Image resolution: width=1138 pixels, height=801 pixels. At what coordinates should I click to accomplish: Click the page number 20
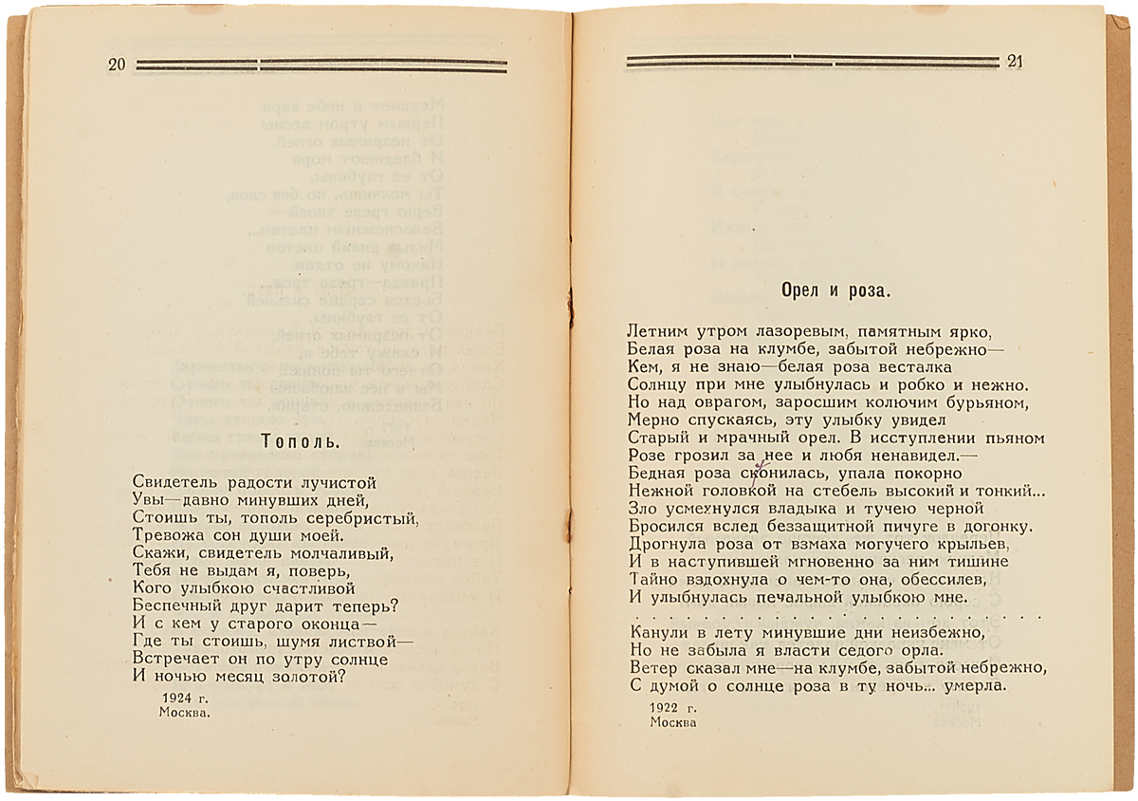coord(118,65)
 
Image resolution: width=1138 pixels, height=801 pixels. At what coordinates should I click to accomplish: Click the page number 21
coord(1016,63)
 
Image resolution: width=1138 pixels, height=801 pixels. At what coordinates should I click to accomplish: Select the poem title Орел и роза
coord(835,289)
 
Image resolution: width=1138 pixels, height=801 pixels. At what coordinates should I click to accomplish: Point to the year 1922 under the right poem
coord(665,707)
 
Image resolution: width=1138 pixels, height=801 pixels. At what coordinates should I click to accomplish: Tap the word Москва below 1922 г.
coord(673,722)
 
